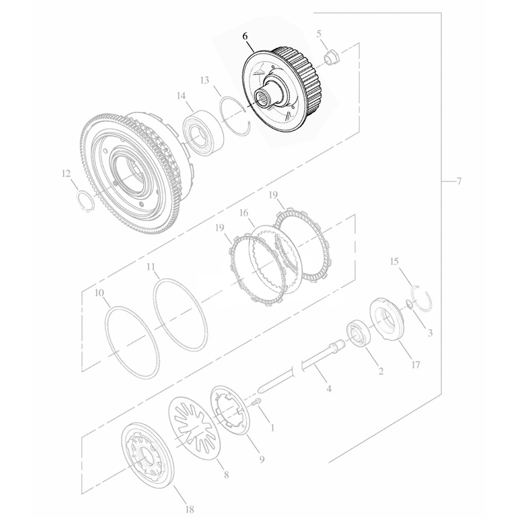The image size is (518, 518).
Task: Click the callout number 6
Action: [245, 36]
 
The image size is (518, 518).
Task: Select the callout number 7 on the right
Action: [458, 181]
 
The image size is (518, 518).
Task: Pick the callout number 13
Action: [205, 80]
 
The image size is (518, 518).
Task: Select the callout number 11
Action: [151, 267]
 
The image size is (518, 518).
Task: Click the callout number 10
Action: [99, 293]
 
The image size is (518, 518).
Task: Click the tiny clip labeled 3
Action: [408, 304]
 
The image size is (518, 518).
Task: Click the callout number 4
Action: [329, 389]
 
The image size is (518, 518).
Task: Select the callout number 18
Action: [190, 509]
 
